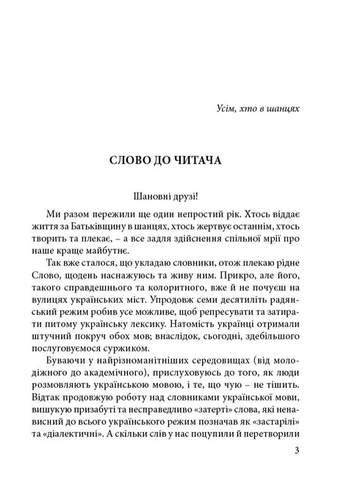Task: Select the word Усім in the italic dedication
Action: tap(212, 109)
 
